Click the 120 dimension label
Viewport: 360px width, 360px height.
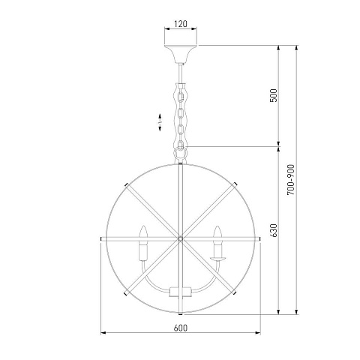[x=181, y=24]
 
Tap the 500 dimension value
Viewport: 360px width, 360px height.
[x=274, y=95]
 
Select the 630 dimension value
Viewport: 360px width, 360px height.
[x=274, y=230]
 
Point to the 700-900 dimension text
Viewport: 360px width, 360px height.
[x=291, y=179]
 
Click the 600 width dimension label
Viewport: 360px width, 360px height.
[x=181, y=328]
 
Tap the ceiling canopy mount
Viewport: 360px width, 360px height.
[x=181, y=54]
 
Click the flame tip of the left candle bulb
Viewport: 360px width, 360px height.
[x=143, y=226]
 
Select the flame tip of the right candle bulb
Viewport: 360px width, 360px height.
[x=218, y=226]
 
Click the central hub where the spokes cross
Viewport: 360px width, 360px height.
[x=180, y=238]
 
